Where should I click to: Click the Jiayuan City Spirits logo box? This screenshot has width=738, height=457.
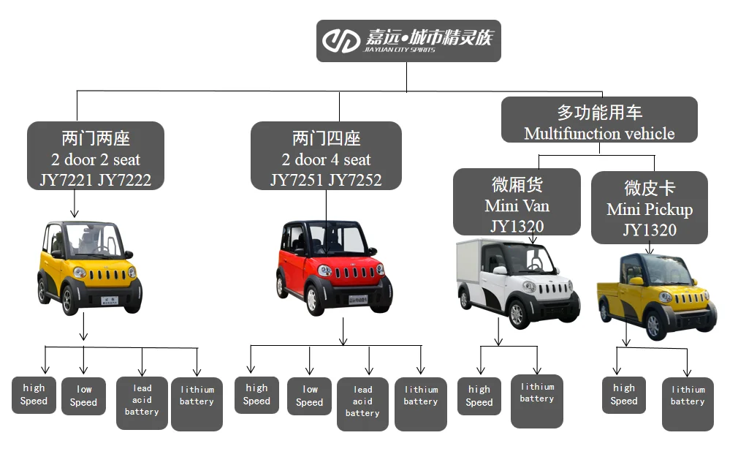click(408, 40)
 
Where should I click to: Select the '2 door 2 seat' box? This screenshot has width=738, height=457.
click(96, 156)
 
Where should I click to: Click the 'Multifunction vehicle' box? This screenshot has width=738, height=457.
click(599, 120)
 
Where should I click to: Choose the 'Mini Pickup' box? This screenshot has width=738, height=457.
click(650, 208)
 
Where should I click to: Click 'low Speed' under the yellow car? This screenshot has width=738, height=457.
click(83, 396)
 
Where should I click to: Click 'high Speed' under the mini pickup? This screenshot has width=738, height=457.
click(624, 395)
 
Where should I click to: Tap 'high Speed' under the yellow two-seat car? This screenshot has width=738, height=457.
click(34, 394)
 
